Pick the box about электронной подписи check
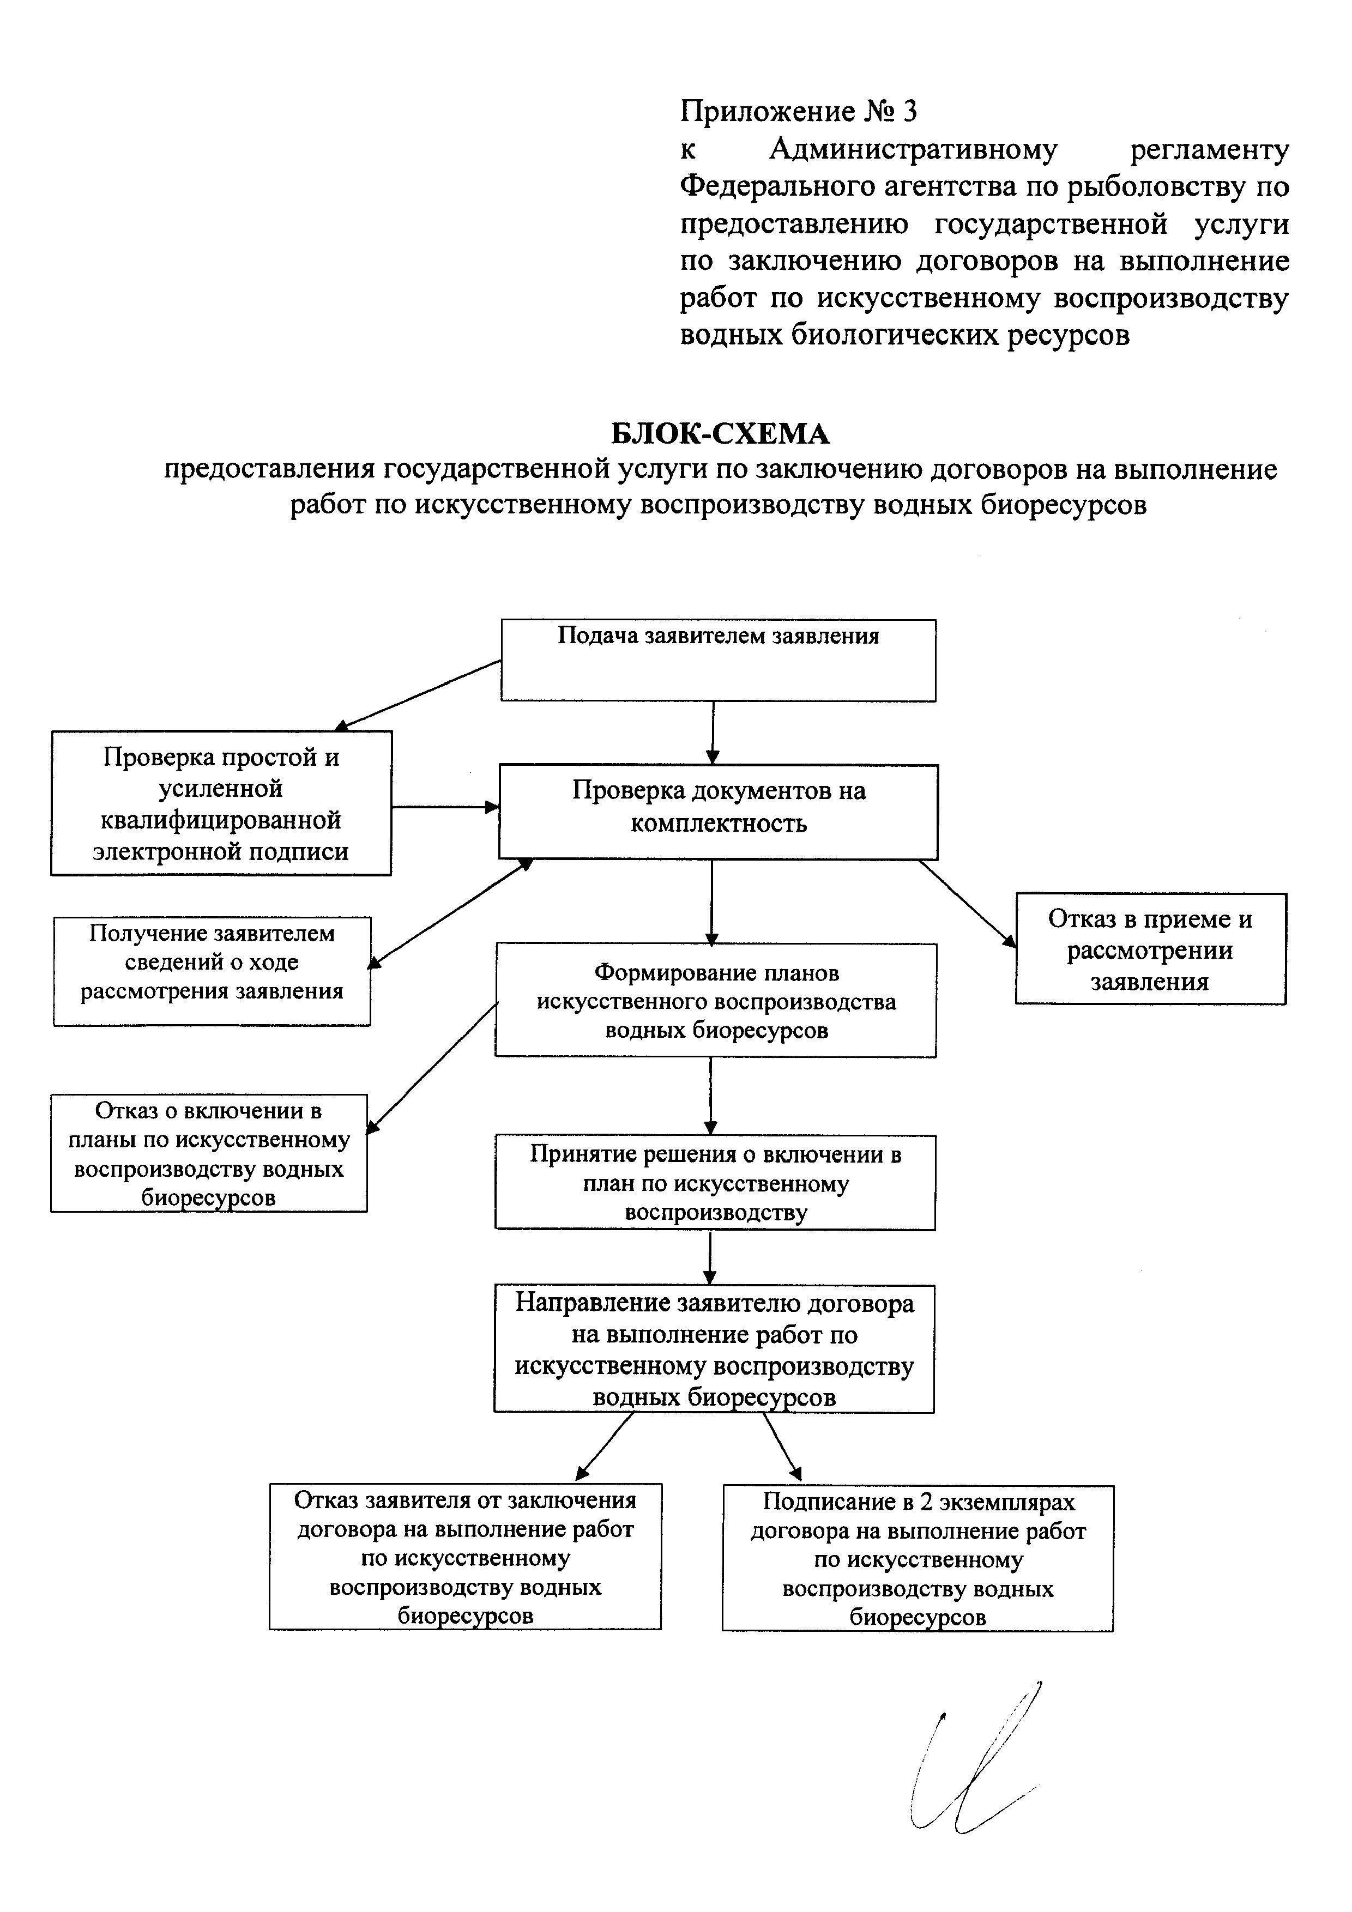click(221, 803)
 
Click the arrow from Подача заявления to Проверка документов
click(712, 733)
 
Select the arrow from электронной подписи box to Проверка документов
click(445, 806)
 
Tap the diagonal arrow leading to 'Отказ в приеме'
click(968, 904)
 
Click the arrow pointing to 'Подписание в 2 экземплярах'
click(782, 1447)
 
